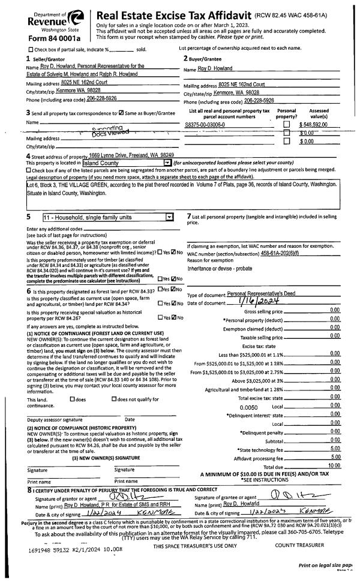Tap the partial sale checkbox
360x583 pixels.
[x=31, y=49]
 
